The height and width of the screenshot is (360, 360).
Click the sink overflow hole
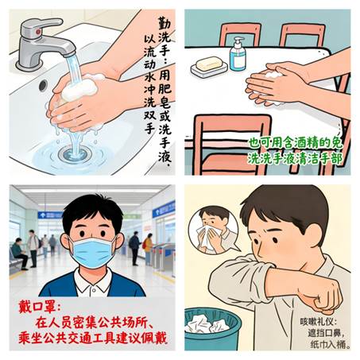coord(43,85)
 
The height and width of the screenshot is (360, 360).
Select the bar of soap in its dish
coord(209,64)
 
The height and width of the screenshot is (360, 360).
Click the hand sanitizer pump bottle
coord(238,54)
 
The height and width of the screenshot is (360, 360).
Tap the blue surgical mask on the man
coord(92,252)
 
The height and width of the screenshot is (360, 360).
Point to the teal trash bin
coord(212,329)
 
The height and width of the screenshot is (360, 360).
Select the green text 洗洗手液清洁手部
coord(295,158)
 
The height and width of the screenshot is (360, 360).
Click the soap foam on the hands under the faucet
coord(79,88)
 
